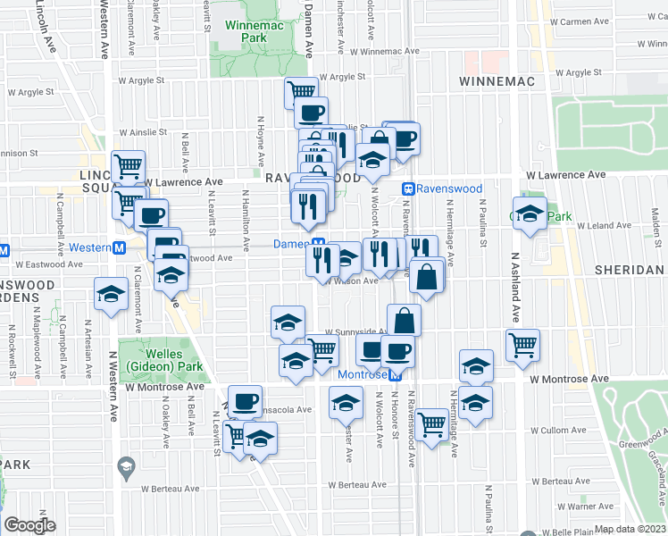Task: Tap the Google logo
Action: [29, 525]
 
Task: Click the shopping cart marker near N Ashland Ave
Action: [522, 343]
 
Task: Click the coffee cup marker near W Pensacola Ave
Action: [245, 400]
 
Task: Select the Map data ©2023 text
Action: [630, 529]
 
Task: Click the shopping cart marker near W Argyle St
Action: [302, 91]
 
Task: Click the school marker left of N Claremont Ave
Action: [111, 293]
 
